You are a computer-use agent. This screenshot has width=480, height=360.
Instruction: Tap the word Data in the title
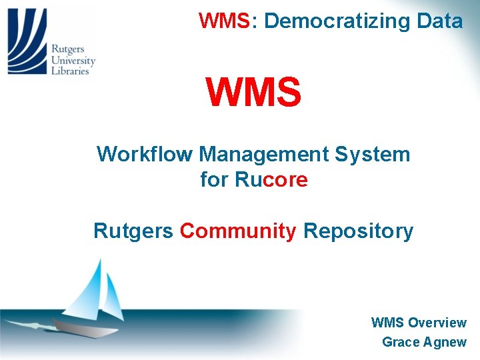point(439,21)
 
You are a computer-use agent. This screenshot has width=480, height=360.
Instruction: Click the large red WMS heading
point(253,93)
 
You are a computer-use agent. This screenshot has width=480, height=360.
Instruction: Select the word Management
point(264,155)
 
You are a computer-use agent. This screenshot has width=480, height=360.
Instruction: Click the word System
point(373,155)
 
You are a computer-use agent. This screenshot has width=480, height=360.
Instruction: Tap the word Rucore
point(271,179)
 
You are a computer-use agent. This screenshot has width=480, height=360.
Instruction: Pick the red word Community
point(238,231)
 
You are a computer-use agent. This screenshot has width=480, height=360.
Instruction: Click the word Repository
point(359,231)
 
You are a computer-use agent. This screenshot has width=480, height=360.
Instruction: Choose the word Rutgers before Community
point(133,231)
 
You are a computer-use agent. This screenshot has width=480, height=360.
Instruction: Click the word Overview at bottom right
point(437,323)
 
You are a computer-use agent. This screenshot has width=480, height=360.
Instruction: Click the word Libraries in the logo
point(71,71)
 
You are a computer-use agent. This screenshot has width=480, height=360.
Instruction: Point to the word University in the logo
point(74,60)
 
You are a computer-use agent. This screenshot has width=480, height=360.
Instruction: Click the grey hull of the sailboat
point(83,327)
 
